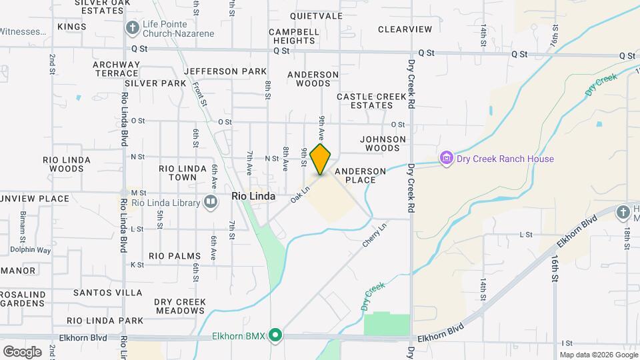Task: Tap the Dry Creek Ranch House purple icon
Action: pos(446,159)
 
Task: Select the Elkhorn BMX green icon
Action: pos(275,335)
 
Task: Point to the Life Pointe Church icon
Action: pos(132,27)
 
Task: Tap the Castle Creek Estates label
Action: pos(371,101)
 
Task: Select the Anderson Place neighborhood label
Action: pos(360,176)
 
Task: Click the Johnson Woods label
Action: pos(383,143)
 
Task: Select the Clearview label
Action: pos(405,29)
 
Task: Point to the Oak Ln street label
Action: pos(301,195)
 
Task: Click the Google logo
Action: pos(21,351)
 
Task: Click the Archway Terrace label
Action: pos(116,69)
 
